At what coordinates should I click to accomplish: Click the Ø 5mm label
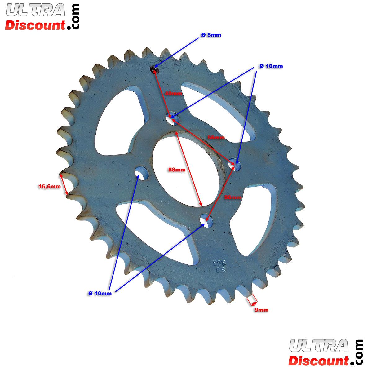click(x=211, y=35)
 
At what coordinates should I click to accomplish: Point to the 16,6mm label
click(x=49, y=186)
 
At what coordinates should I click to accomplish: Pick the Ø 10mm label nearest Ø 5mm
click(x=271, y=66)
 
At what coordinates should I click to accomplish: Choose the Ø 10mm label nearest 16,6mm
click(x=100, y=294)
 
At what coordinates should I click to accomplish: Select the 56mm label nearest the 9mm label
click(x=232, y=197)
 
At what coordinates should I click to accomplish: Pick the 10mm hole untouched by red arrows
click(x=141, y=173)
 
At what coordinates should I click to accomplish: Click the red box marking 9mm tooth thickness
click(x=252, y=299)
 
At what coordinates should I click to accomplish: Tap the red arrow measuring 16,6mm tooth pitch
click(x=64, y=184)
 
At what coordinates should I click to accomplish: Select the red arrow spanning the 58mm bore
click(x=189, y=169)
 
